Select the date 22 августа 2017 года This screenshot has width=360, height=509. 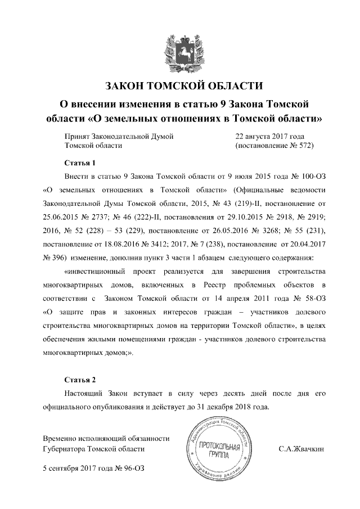(x=270, y=137)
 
